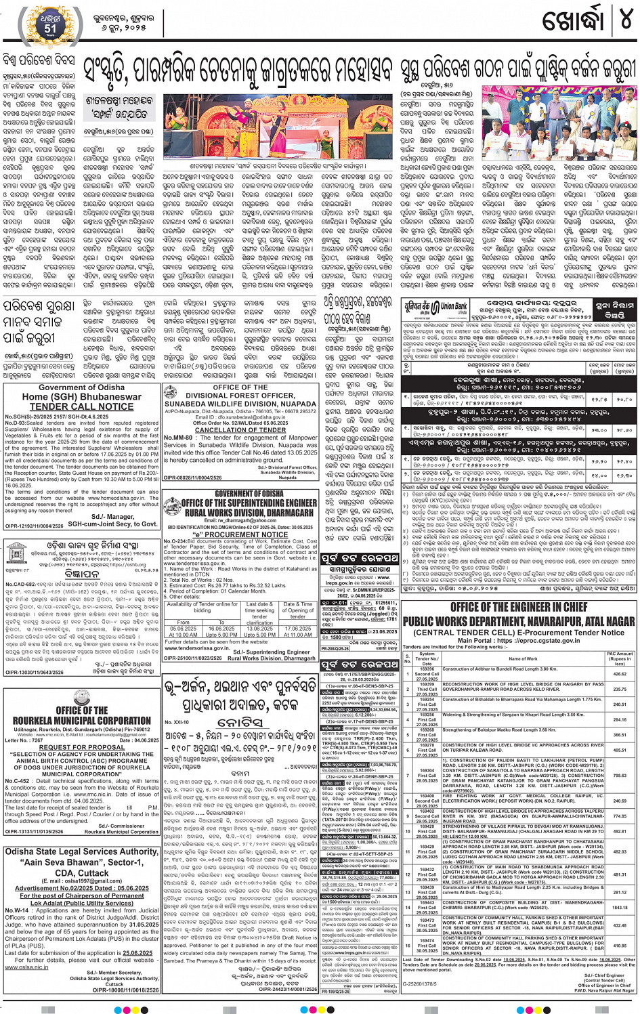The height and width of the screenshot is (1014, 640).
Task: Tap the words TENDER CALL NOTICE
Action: coord(81,406)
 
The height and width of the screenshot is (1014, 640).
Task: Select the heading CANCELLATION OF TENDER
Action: coord(240,429)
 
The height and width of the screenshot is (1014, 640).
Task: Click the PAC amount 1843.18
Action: coord(620,907)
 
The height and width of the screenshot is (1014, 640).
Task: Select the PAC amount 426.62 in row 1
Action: coord(620,674)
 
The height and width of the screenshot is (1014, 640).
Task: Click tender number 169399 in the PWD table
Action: coord(427,684)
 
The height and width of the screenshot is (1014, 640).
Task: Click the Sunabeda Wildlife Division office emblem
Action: coord(174,393)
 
